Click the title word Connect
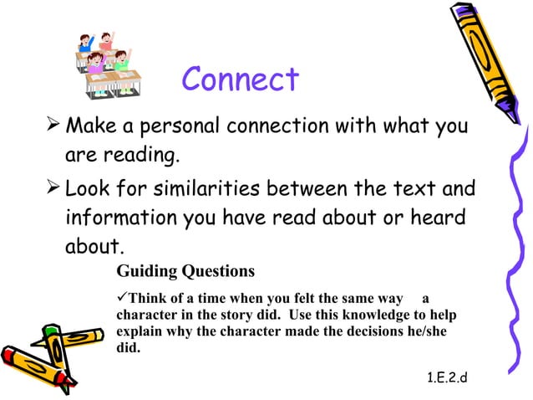(240, 80)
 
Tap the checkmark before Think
(122, 299)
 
